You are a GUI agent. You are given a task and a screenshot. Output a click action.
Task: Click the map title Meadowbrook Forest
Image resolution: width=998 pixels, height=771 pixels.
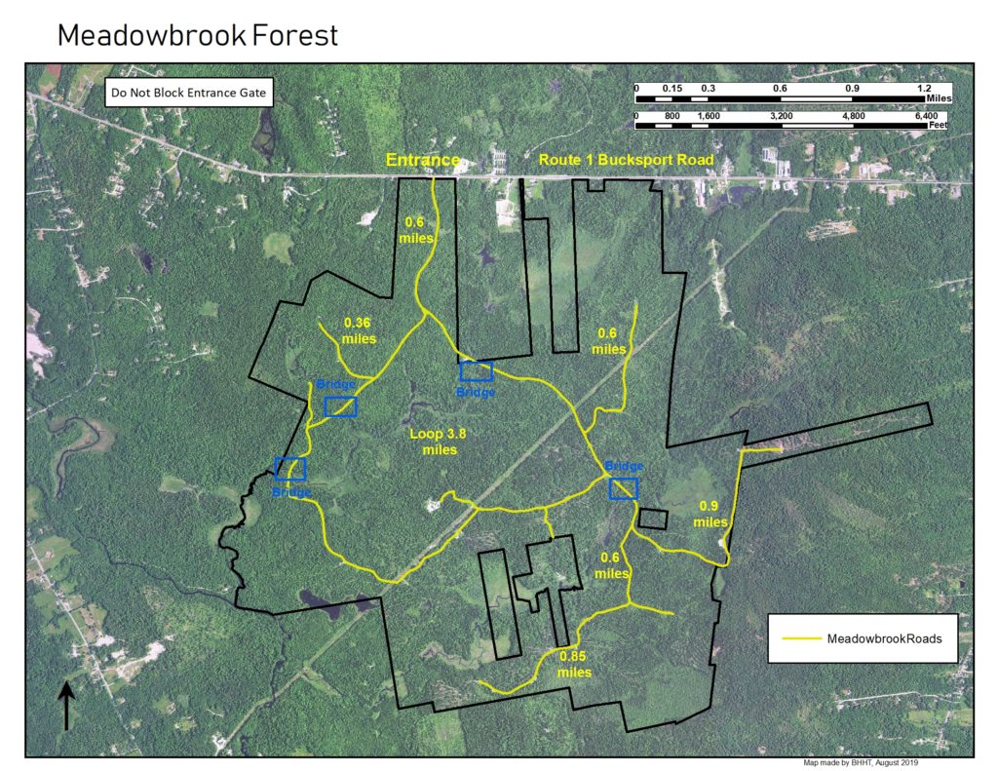tap(198, 36)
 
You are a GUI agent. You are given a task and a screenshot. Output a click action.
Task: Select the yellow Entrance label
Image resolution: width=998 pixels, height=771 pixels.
tap(422, 160)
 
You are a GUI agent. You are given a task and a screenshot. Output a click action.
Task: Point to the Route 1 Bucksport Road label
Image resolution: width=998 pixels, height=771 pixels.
tap(627, 159)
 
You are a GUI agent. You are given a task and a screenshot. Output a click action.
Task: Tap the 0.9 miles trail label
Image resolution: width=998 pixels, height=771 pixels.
tap(710, 514)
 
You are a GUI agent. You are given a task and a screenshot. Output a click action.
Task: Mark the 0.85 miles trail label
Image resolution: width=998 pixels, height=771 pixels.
tap(575, 664)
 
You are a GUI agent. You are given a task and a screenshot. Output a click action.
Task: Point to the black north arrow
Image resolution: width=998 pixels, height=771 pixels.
tap(66, 705)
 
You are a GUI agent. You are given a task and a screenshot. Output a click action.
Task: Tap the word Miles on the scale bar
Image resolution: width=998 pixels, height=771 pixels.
tap(940, 99)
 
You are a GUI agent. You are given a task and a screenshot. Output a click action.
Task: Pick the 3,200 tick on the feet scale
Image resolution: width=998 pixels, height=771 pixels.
tap(782, 116)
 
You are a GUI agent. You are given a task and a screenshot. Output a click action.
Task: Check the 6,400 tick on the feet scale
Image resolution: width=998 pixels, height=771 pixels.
tap(926, 116)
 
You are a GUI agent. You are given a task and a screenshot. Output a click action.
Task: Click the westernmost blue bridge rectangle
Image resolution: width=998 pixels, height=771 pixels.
tap(290, 469)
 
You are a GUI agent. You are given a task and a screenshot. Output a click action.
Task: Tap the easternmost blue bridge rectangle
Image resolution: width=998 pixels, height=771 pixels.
tap(624, 488)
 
